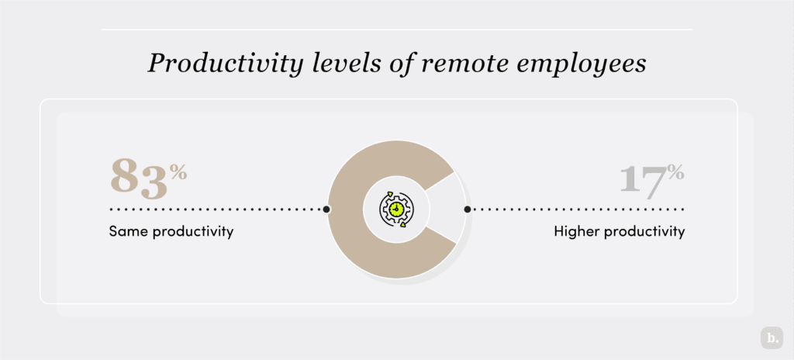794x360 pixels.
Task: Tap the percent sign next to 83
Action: (x=178, y=171)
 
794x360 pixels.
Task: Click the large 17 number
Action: (x=642, y=180)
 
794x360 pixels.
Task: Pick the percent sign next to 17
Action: (x=676, y=171)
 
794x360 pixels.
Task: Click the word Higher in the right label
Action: (x=576, y=231)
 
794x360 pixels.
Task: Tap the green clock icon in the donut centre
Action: (x=396, y=209)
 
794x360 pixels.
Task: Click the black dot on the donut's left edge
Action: (x=326, y=209)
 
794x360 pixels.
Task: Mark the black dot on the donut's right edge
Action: (x=467, y=209)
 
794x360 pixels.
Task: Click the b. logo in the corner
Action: (x=772, y=339)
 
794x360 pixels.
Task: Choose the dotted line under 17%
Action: (x=578, y=209)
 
